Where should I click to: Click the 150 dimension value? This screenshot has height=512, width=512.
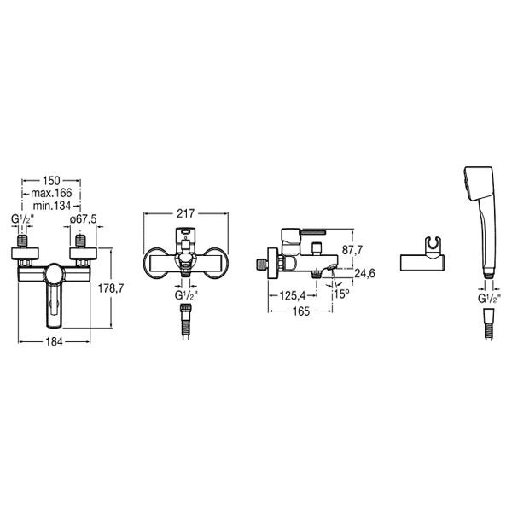pos(51,181)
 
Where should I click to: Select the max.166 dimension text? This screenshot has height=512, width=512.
pos(51,193)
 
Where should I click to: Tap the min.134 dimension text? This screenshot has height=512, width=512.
pos(51,206)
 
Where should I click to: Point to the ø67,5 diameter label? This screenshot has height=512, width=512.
pos(84,219)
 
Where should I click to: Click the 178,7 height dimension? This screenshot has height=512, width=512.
pos(111,288)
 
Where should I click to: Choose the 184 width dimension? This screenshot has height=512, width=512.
pos(54,341)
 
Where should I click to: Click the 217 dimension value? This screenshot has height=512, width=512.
pos(185,213)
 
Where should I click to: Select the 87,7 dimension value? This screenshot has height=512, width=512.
pos(352,250)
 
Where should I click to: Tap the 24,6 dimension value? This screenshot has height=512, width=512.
pos(364,273)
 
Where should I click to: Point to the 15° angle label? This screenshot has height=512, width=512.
pos(341,294)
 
